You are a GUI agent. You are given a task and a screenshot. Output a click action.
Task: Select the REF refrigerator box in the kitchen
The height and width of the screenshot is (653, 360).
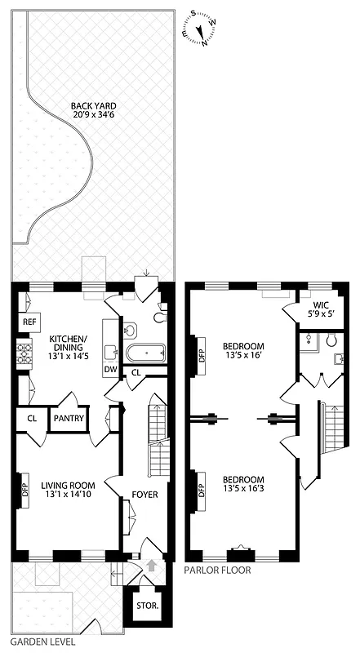[29, 322]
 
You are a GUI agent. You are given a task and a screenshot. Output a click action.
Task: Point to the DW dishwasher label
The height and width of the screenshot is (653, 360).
[109, 370]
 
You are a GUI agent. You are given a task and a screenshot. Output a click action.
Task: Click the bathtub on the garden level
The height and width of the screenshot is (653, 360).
[144, 353]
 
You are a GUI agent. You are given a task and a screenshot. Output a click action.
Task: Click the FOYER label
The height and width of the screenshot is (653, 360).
[144, 495]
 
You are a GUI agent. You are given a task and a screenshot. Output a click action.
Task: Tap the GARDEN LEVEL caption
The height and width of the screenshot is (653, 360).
[33, 642]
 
